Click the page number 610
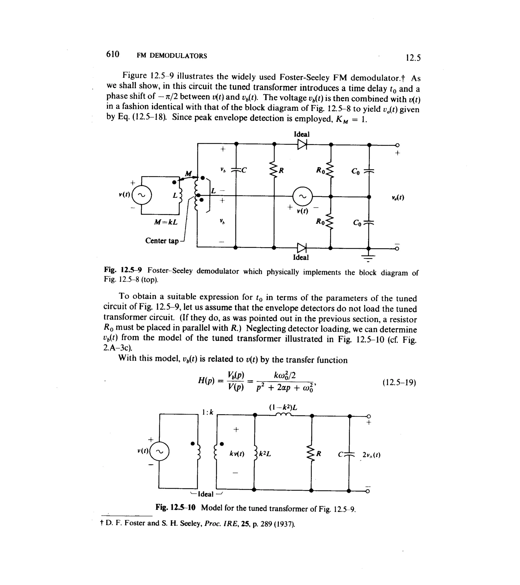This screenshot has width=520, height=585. point(112,54)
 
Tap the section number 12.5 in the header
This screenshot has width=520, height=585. point(413,58)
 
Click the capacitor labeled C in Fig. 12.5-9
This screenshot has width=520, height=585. point(236,170)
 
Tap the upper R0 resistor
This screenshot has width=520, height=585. point(330,171)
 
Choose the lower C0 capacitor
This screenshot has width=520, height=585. point(369,223)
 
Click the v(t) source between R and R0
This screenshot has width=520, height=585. point(302,197)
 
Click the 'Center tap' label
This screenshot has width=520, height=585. point(162,241)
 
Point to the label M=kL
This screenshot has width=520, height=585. point(166,222)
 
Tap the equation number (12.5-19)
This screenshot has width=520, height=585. point(399,382)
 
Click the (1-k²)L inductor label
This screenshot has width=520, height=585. point(283,407)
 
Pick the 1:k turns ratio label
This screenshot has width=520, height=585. point(207,412)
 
